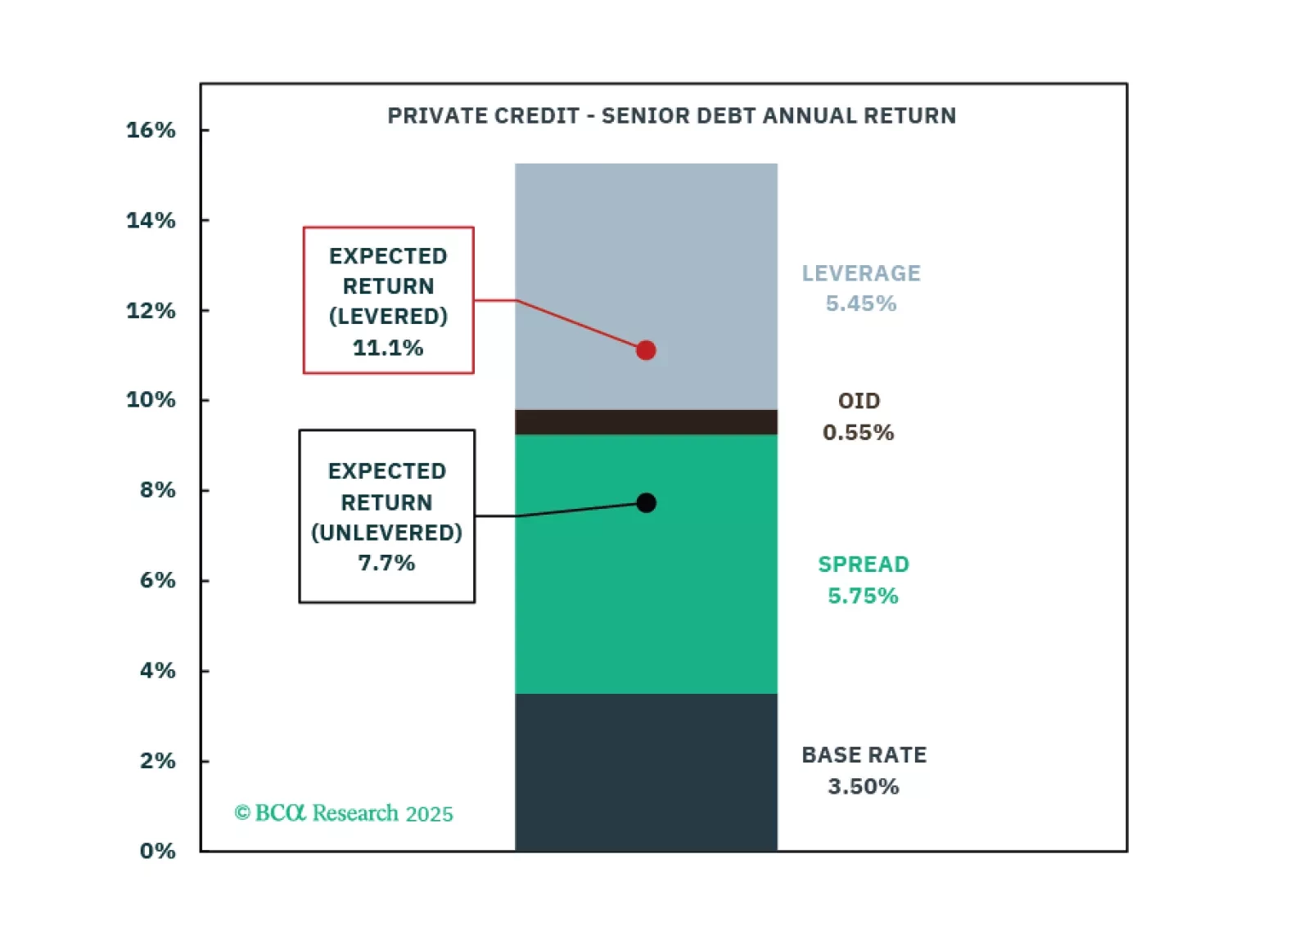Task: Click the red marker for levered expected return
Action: pyautogui.click(x=646, y=350)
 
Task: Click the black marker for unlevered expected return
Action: pyautogui.click(x=646, y=502)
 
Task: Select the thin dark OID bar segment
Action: pyautogui.click(x=646, y=422)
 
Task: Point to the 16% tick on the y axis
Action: pyautogui.click(x=151, y=130)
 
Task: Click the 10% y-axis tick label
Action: pyautogui.click(x=151, y=400)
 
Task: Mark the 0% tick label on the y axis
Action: pyautogui.click(x=157, y=851)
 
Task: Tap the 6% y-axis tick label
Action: pyautogui.click(x=157, y=580)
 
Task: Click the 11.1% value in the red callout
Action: pyautogui.click(x=388, y=348)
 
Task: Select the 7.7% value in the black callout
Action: pyautogui.click(x=386, y=563)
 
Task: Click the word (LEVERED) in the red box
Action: pyautogui.click(x=388, y=317)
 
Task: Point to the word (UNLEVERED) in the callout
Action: pyautogui.click(x=386, y=533)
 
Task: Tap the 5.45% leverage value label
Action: pyautogui.click(x=861, y=304)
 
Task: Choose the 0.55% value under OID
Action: pyautogui.click(x=859, y=432)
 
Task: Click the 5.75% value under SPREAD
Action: pyautogui.click(x=863, y=596)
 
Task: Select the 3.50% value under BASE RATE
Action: pyautogui.click(x=864, y=786)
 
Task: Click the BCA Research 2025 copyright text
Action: pyautogui.click(x=344, y=813)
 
